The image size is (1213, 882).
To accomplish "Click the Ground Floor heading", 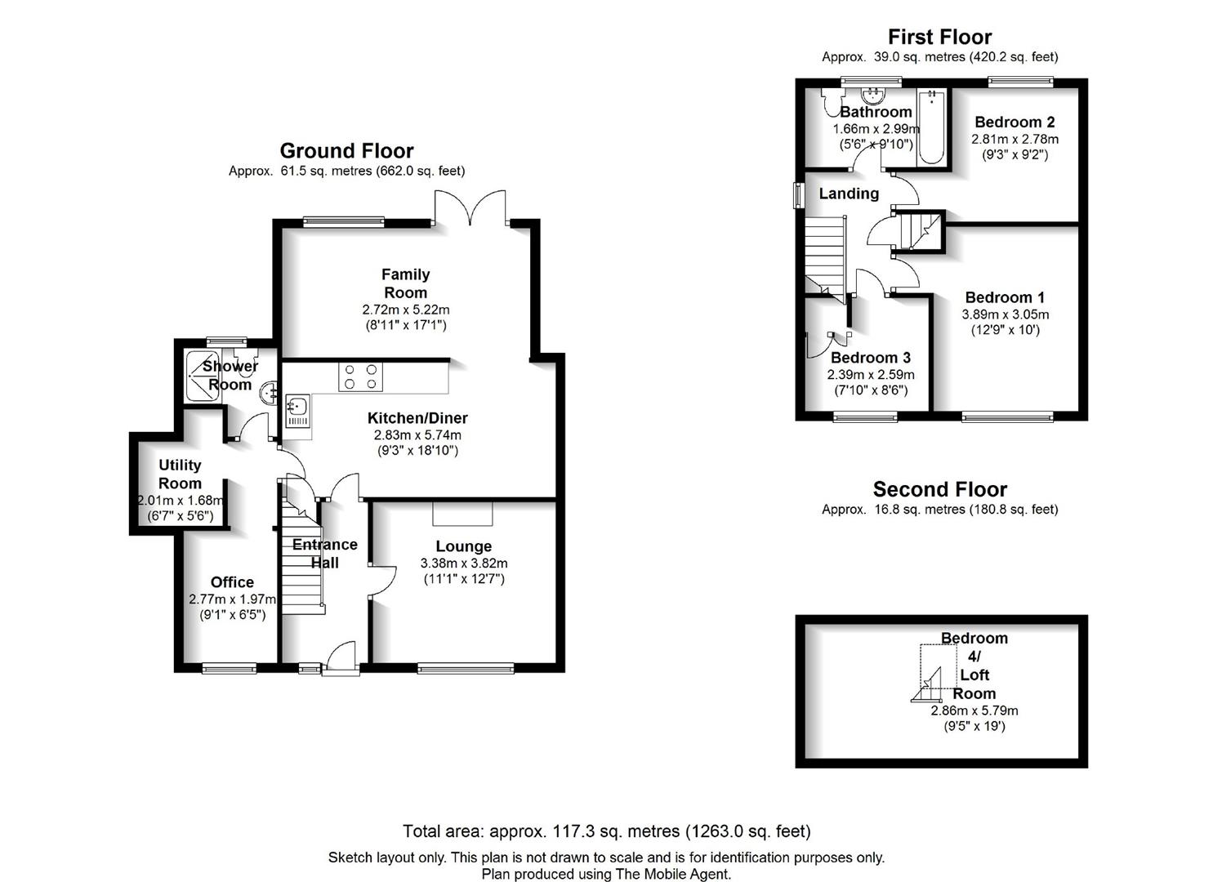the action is pyautogui.click(x=346, y=150).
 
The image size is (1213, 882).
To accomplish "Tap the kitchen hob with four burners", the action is pyautogui.click(x=361, y=376).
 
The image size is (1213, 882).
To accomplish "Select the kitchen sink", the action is pyautogui.click(x=298, y=411).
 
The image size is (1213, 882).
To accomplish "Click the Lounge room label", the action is pyautogui.click(x=463, y=546).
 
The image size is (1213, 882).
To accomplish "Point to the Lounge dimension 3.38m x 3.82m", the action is pyautogui.click(x=464, y=563).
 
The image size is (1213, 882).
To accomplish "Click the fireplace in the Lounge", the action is pyautogui.click(x=462, y=514).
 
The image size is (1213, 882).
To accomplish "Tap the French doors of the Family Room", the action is pyautogui.click(x=470, y=207).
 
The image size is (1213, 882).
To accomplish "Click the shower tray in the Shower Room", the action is pyautogui.click(x=203, y=376).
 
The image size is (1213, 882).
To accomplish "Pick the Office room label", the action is pyautogui.click(x=232, y=582).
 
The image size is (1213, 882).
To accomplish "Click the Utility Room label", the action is pyautogui.click(x=180, y=474).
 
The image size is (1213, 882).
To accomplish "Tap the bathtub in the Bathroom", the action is pyautogui.click(x=931, y=127).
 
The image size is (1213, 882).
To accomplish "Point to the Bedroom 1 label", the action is pyautogui.click(x=1005, y=297).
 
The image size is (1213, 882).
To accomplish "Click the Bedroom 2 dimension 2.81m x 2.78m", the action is pyautogui.click(x=1015, y=139).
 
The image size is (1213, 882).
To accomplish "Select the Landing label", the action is pyautogui.click(x=849, y=194).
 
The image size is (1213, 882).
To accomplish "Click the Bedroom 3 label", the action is pyautogui.click(x=871, y=358).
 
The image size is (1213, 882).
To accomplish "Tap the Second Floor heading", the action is pyautogui.click(x=940, y=489).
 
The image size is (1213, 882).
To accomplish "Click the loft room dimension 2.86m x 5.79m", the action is pyautogui.click(x=974, y=710).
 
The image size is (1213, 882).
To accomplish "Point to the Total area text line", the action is pyautogui.click(x=606, y=831).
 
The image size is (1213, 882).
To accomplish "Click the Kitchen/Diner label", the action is pyautogui.click(x=417, y=418).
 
